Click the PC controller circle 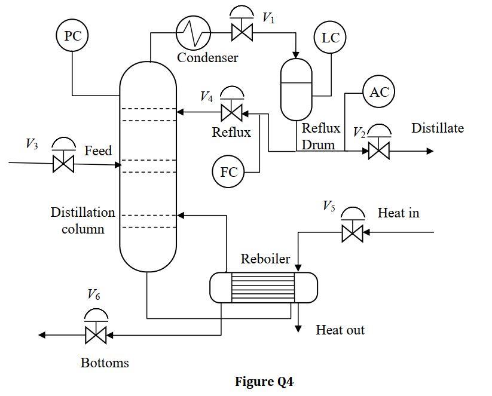pyautogui.click(x=72, y=35)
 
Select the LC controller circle pyautogui.click(x=330, y=37)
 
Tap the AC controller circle pyautogui.click(x=379, y=91)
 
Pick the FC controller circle pyautogui.click(x=228, y=172)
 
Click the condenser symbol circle pyautogui.click(x=193, y=32)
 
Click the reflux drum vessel pyautogui.click(x=296, y=90)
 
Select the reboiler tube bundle pyautogui.click(x=263, y=287)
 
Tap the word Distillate pyautogui.click(x=438, y=128)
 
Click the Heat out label pyautogui.click(x=340, y=330)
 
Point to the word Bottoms pyautogui.click(x=105, y=363)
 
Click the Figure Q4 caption pyautogui.click(x=264, y=382)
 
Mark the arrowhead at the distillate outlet pyautogui.click(x=430, y=151)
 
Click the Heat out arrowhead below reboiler pyautogui.click(x=298, y=329)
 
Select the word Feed pyautogui.click(x=98, y=151)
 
